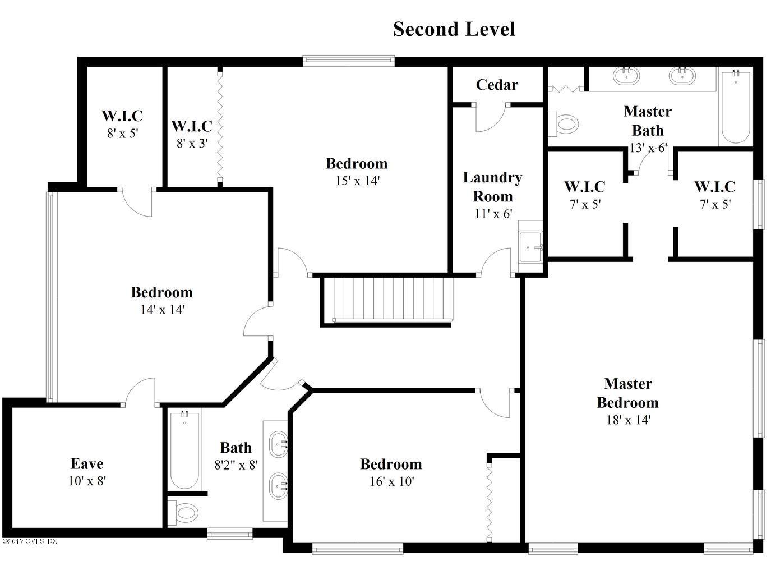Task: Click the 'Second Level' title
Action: [454, 29]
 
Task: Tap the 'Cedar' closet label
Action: [496, 85]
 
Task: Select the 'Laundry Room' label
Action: [492, 187]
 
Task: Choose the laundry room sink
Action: [530, 247]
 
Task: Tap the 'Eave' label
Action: [87, 464]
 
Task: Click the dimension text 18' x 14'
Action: [627, 420]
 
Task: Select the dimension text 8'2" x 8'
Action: [236, 465]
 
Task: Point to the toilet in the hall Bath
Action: [184, 512]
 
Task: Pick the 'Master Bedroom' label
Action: [627, 393]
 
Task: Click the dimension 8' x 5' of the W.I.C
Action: [122, 134]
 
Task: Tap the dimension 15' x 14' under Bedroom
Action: [357, 181]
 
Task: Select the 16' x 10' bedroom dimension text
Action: [391, 481]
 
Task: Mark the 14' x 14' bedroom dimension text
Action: [162, 309]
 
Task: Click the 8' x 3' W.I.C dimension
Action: [192, 144]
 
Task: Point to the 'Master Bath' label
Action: [647, 121]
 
